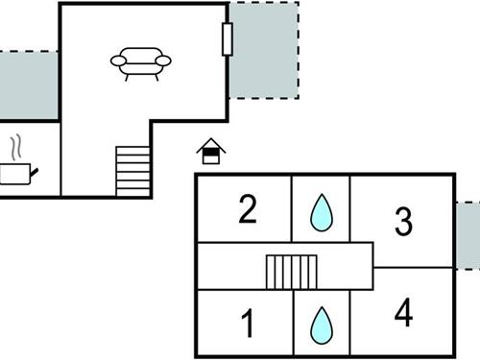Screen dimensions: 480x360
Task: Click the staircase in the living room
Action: tap(133, 171)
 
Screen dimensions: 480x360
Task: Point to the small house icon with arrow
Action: tap(210, 152)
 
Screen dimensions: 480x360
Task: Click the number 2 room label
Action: tap(248, 209)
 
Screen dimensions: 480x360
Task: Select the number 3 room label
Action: tap(403, 222)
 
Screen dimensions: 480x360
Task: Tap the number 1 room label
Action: tap(248, 324)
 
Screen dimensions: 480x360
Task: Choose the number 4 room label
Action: tap(403, 314)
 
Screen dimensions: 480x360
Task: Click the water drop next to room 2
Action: tap(321, 212)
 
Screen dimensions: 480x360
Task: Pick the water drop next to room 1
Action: tap(321, 325)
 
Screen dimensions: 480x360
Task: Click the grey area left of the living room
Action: tap(29, 85)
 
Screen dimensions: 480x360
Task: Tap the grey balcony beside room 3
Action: tap(468, 236)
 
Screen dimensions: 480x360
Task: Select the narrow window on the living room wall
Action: tap(228, 38)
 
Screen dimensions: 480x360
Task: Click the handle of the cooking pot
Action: tap(35, 171)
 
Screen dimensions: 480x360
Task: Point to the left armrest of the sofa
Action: tap(118, 60)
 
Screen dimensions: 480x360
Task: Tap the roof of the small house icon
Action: tap(210, 144)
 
